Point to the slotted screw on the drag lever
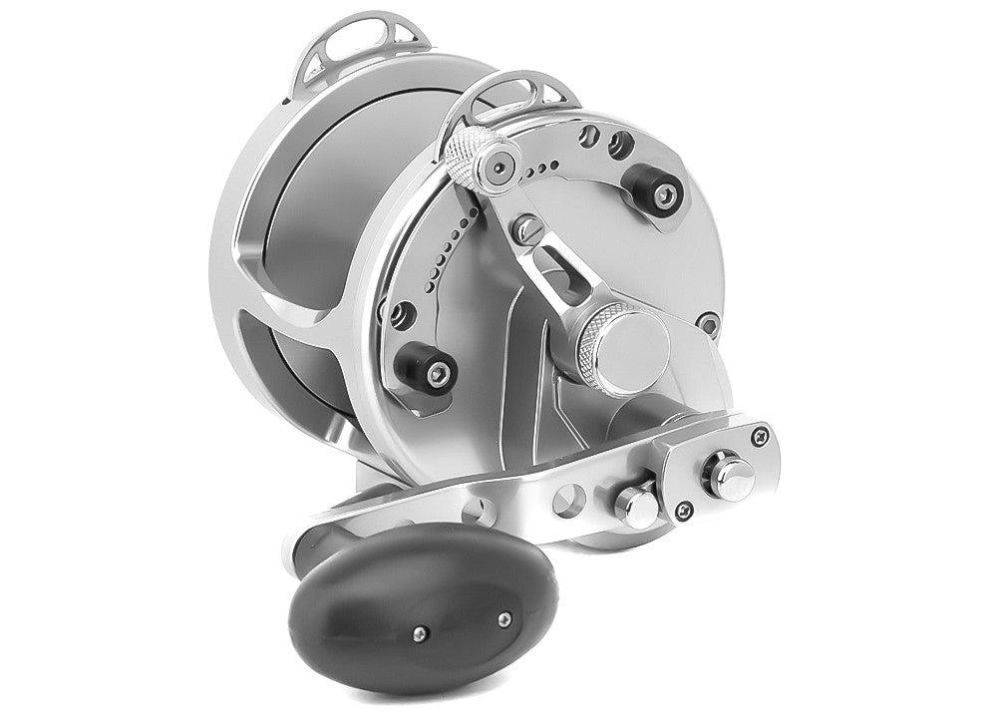527,232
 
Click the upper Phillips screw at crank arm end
763,434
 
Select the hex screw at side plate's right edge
708,324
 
